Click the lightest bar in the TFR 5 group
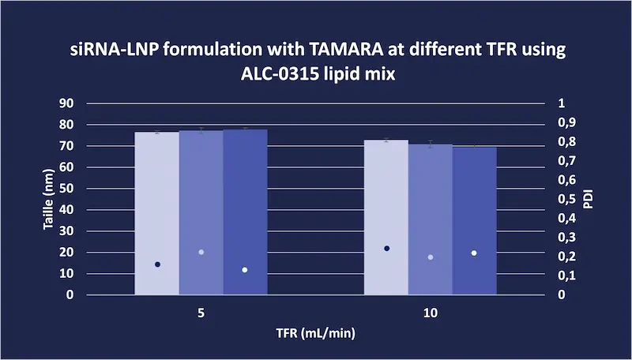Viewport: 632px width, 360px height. pos(156,213)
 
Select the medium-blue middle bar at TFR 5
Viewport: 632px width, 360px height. pos(201,212)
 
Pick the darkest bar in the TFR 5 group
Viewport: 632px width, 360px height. pos(246,212)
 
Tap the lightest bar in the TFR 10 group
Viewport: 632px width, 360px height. pos(386,217)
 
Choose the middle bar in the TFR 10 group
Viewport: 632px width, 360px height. pos(431,219)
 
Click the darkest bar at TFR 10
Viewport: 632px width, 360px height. pos(475,221)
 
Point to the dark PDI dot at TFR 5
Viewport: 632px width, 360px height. pos(157,264)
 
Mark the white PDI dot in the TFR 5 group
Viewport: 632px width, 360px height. pos(245,270)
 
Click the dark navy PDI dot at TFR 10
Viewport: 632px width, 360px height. pos(387,249)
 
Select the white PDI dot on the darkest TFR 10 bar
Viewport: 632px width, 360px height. pos(474,253)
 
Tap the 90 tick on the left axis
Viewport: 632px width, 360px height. pos(68,103)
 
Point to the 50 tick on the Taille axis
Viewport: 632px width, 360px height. pos(68,189)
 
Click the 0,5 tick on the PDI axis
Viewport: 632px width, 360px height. pos(566,199)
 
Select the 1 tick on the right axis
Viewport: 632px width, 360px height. pos(562,103)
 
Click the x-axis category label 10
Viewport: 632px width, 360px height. pos(431,313)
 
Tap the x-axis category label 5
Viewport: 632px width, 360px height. pos(201,313)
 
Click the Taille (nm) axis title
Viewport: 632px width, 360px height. pos(48,199)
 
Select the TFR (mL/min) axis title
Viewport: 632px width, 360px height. pos(315,333)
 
